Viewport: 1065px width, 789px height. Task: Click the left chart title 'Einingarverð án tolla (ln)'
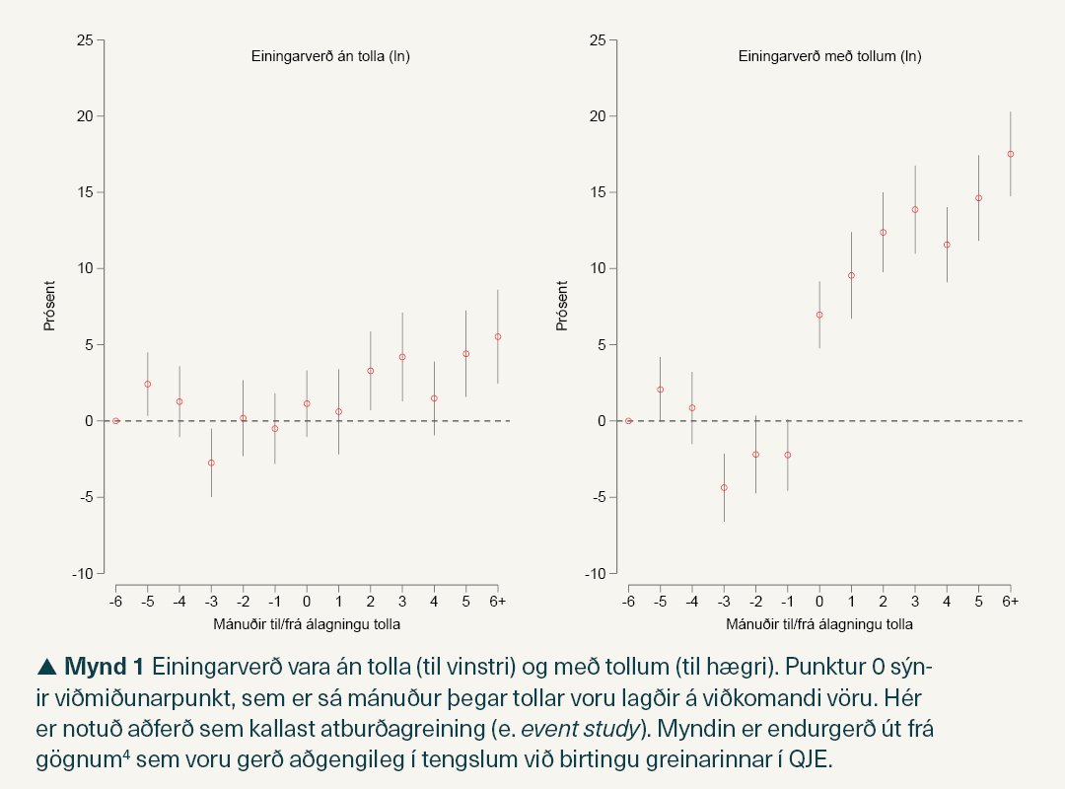pos(330,56)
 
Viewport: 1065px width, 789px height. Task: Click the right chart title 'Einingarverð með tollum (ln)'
pos(829,56)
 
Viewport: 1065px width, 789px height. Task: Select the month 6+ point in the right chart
pos(1011,154)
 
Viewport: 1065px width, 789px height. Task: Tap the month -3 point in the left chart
pos(211,463)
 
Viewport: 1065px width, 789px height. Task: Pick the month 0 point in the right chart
pos(819,315)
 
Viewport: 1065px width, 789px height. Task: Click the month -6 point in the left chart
pos(115,421)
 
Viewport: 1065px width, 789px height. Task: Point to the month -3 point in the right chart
pos(724,487)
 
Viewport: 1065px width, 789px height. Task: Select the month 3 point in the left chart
pos(402,357)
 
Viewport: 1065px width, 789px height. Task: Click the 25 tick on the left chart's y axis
pos(86,40)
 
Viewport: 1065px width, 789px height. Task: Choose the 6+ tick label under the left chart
pos(498,601)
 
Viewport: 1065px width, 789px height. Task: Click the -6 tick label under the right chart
pos(628,601)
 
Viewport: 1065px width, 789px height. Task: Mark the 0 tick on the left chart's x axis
pos(307,601)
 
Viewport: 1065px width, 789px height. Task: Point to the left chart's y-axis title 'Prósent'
pos(49,306)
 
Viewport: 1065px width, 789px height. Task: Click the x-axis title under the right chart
pos(819,624)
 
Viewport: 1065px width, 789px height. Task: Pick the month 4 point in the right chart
pos(947,245)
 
